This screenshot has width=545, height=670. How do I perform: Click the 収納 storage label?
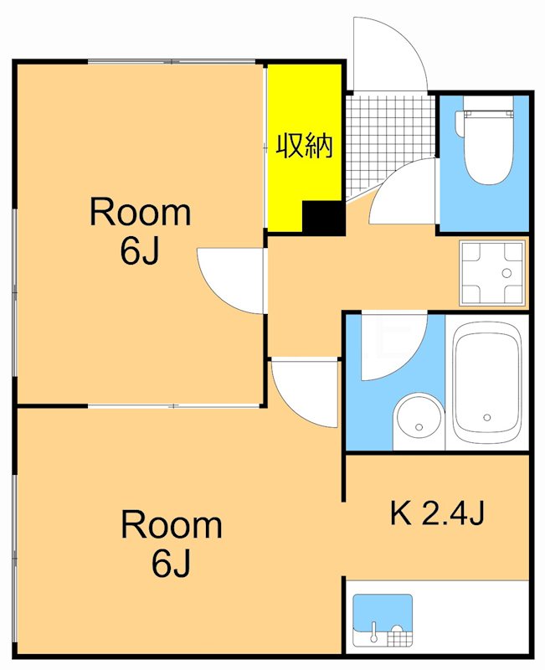coord(304,146)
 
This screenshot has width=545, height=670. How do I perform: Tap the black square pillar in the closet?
coord(323,218)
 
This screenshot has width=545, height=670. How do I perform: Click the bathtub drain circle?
coord(487,417)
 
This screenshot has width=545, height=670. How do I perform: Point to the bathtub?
coord(487,382)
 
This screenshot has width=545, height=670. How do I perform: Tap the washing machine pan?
coord(492,274)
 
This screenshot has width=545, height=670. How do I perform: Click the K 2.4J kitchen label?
coord(437,513)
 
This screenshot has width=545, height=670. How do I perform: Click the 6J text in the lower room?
coord(171,563)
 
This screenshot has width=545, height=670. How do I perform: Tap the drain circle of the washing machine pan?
coord(506,273)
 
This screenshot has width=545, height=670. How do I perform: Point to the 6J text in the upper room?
coord(140,250)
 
